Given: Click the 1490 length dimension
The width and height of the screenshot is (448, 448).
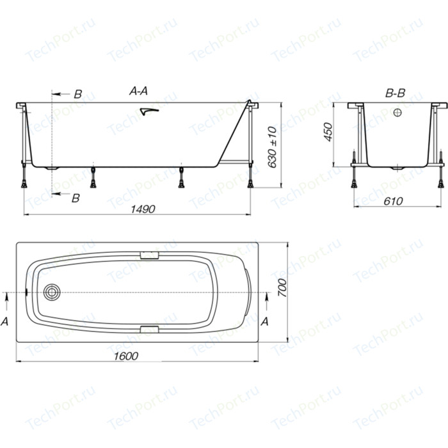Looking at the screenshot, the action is coord(143,209).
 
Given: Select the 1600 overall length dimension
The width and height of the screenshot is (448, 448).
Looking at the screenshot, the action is coord(126,356).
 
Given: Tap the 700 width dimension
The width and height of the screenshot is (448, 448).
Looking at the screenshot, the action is coord(282,288).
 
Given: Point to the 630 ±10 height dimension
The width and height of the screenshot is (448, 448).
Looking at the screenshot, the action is coord(272,147).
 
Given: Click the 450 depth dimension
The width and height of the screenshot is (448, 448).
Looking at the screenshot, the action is coord(328,132).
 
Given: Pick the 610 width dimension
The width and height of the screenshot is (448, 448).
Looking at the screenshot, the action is coord(393,201).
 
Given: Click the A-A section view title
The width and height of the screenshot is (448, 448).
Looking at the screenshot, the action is coord(139,91).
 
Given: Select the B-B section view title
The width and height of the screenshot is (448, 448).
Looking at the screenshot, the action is coord(395,93).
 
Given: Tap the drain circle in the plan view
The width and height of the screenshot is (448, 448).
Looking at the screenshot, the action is coord(52,292).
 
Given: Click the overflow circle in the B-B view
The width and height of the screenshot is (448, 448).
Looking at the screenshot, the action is coord(397,113).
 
